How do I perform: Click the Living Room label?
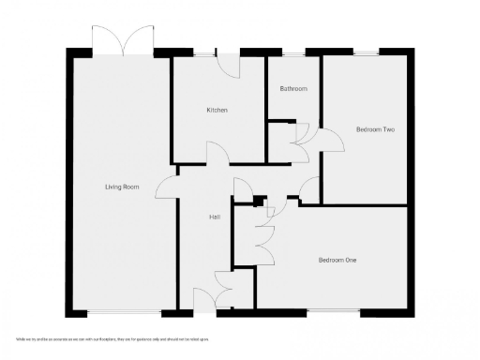pos(122,187)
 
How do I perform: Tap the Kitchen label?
pos(217,110)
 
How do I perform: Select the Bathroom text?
pos(293,89)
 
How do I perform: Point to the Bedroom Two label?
pos(374,129)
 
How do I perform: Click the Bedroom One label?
pos(337,260)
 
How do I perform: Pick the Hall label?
pos(214,217)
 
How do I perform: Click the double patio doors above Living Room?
pos(123,40)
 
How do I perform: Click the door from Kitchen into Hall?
pos(217,154)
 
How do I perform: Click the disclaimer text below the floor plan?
pos(112,337)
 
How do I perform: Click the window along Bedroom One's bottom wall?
pos(333,311)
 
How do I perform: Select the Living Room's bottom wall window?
pos(123,311)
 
